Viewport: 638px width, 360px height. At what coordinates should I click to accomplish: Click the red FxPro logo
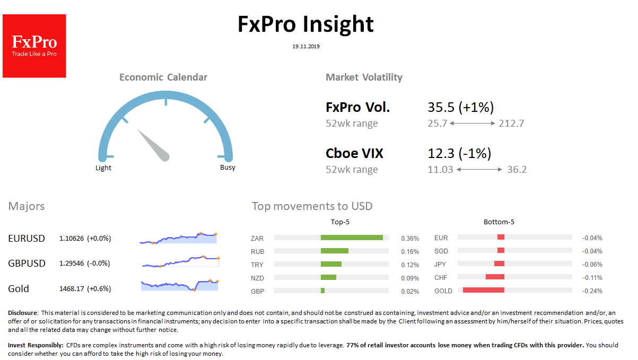34,46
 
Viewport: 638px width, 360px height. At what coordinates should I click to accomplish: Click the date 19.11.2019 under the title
306,47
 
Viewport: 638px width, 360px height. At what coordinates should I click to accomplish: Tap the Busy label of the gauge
228,168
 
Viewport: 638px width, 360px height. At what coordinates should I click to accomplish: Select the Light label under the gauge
103,168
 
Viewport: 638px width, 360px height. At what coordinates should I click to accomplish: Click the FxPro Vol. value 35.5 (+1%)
461,108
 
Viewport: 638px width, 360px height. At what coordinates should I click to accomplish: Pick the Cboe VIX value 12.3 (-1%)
459,154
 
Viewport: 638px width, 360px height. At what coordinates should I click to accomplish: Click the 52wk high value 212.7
511,124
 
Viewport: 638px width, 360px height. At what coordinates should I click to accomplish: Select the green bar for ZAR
352,238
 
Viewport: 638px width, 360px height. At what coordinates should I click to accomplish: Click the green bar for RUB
335,251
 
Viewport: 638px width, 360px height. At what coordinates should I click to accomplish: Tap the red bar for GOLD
483,291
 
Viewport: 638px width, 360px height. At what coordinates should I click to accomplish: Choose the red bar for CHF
495,277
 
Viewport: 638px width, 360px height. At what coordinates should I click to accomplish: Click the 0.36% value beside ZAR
410,239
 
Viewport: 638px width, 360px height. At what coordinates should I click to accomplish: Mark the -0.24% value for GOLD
592,291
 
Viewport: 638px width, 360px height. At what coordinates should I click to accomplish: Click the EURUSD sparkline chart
179,238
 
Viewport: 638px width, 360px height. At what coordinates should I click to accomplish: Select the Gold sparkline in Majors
180,285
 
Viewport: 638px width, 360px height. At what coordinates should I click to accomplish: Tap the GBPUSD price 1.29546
72,264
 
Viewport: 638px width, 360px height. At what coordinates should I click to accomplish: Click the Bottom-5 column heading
499,222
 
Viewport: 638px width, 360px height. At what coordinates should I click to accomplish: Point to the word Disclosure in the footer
23,313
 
